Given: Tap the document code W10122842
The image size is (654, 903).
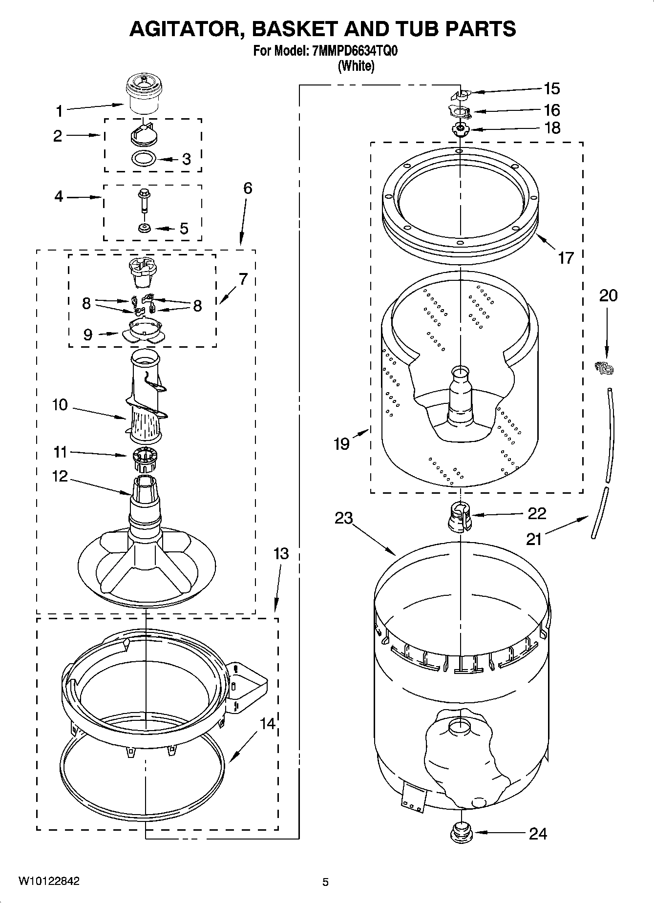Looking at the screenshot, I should [49, 881].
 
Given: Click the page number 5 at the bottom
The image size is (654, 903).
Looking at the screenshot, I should [325, 882].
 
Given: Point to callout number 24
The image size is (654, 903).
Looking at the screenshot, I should [538, 833].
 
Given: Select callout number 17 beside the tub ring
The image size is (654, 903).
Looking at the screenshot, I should [566, 258].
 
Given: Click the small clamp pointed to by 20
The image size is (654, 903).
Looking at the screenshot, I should [604, 367].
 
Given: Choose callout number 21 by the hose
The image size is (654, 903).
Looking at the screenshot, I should [534, 539].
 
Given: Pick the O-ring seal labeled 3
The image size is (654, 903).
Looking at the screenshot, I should [144, 159].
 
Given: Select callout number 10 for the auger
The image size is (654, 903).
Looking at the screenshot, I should [60, 405].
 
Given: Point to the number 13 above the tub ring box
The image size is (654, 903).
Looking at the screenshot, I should [281, 554].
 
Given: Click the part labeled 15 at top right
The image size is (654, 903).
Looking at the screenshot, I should [460, 93].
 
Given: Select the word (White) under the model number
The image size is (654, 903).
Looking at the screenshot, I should [356, 66].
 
